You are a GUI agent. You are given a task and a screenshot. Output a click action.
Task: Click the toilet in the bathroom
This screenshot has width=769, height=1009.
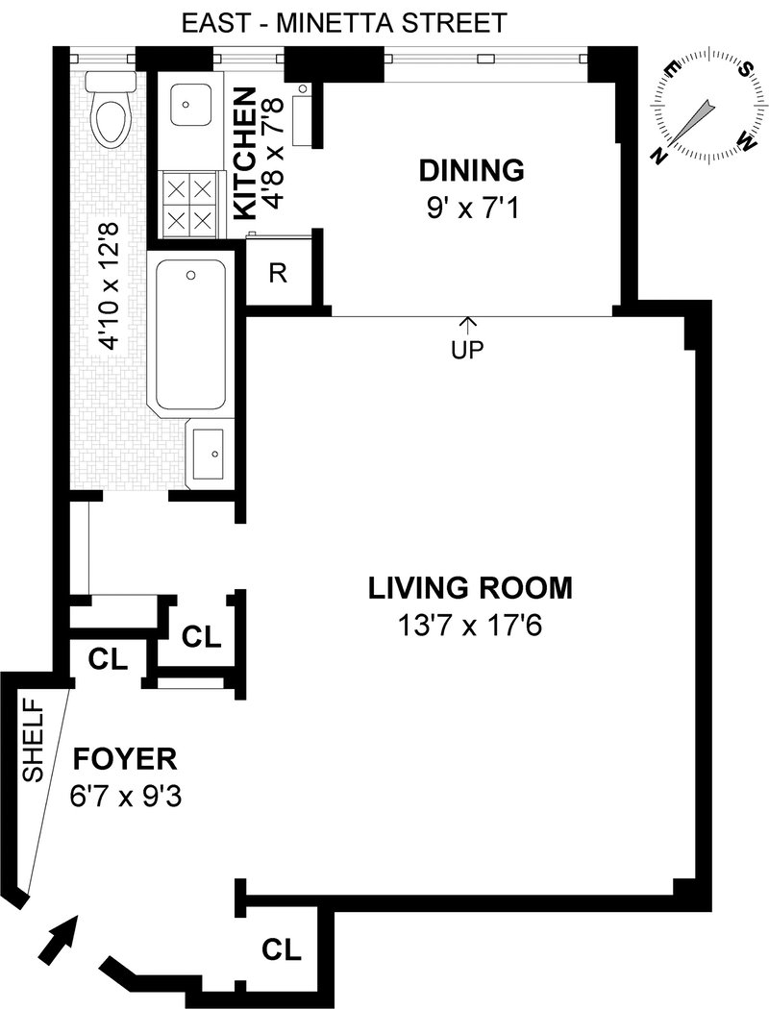coord(111,110)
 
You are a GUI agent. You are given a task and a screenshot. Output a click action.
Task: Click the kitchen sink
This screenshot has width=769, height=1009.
coord(189,104)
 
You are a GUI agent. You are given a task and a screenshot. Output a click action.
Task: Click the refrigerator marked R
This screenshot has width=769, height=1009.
coord(278,273)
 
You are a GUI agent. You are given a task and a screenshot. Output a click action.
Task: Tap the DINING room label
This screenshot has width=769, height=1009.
coord(472,170)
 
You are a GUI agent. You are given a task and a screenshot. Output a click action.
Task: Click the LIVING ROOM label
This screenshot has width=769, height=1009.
coord(470,588)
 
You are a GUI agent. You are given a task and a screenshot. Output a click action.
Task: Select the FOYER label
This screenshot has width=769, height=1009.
coord(125,759)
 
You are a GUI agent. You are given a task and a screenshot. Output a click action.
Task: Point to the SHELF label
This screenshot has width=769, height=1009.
coord(32,740)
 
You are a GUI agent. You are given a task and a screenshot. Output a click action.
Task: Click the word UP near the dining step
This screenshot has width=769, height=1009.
coord(468,350)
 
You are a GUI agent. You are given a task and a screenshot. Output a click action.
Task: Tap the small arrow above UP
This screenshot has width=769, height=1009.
coord(468,325)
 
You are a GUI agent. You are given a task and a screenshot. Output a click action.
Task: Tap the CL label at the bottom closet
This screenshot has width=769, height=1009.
coord(282,949)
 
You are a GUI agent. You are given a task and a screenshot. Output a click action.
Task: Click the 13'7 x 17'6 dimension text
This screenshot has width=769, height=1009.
coord(470,626)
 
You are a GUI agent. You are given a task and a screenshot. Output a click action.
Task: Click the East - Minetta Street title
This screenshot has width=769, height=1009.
coord(344,24)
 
